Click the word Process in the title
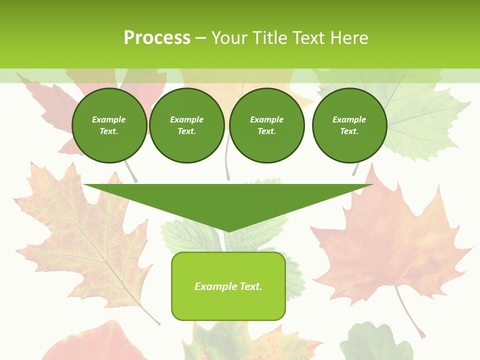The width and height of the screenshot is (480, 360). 157,38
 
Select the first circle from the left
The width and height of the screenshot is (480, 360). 109,125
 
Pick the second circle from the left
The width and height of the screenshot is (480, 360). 186,125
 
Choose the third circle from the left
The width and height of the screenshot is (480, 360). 266,125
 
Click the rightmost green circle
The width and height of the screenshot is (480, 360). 349,125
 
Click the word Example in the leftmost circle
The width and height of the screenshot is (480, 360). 109,119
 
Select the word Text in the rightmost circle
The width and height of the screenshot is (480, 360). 349,131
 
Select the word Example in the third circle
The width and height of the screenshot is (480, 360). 266,119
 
